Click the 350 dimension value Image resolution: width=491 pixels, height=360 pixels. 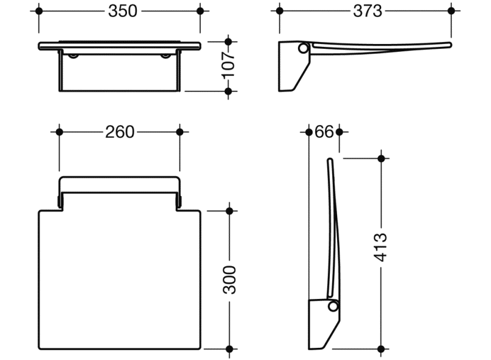(x=119, y=11)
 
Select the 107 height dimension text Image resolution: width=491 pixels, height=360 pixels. (x=228, y=67)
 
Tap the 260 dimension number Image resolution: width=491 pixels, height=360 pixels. (x=119, y=132)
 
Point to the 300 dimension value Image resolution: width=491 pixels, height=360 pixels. (x=229, y=279)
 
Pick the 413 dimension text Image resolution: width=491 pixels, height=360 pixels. (x=381, y=247)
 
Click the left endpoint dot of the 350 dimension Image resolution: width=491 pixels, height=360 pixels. (x=39, y=11)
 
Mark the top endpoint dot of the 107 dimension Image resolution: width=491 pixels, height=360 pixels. (x=228, y=42)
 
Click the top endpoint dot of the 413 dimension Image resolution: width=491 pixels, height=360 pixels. (x=381, y=159)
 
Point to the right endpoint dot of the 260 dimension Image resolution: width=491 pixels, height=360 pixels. (x=180, y=132)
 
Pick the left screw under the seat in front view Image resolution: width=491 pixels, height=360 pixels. (x=74, y=56)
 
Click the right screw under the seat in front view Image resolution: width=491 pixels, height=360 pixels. (x=165, y=56)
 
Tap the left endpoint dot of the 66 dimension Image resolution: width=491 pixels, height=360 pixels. (x=307, y=132)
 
